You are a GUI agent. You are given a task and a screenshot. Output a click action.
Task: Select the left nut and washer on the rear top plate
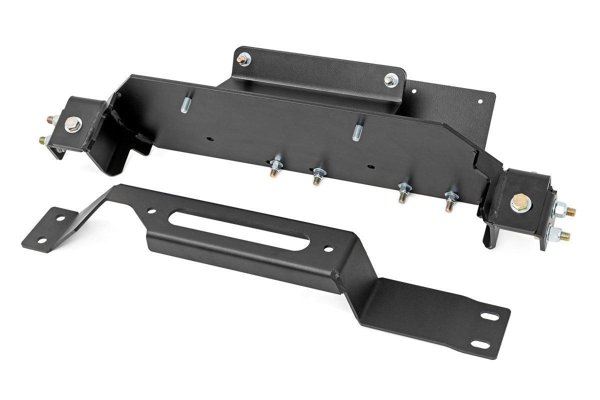(x=245, y=60)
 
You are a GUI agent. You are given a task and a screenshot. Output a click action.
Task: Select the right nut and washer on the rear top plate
(x=390, y=79)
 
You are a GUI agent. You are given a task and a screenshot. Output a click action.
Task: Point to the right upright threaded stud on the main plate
(x=358, y=132)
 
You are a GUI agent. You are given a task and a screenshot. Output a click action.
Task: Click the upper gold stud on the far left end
(x=51, y=120)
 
